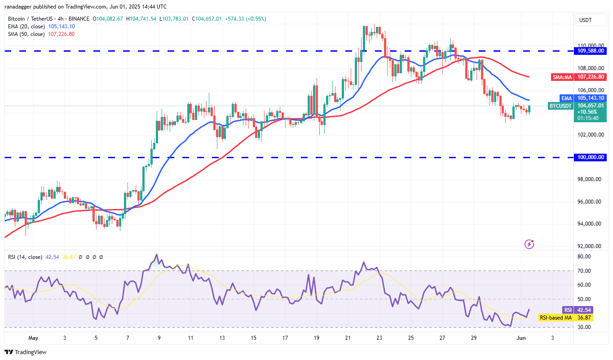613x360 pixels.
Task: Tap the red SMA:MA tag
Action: [562, 77]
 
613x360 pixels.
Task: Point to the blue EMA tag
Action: [566, 98]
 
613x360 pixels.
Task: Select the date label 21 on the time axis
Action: [347, 338]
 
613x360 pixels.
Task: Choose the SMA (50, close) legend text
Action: [26, 34]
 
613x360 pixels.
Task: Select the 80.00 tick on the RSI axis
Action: [584, 257]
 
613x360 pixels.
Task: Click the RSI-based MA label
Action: [556, 318]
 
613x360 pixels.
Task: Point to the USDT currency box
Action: [586, 20]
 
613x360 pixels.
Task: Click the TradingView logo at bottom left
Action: [26, 352]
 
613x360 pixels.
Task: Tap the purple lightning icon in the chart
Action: [529, 244]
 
